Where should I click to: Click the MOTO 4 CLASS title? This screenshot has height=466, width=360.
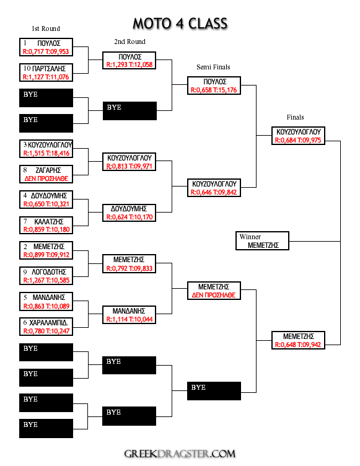(180, 24)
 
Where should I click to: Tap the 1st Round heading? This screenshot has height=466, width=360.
(46, 29)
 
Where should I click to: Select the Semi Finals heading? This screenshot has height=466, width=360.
(213, 67)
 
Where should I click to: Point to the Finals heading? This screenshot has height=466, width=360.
(295, 117)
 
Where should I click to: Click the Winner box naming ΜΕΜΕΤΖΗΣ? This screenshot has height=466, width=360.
(262, 240)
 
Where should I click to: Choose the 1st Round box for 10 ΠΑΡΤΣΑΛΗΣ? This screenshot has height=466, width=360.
(46, 73)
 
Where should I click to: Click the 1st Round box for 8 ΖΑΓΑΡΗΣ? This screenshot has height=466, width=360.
(46, 174)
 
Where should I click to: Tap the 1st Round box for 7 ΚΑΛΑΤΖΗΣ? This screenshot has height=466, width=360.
(46, 226)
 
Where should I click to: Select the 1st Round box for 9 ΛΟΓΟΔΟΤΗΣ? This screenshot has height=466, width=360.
(46, 276)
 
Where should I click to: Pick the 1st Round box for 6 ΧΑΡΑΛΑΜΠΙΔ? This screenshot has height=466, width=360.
(46, 327)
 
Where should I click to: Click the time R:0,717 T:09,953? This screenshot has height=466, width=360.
(46, 51)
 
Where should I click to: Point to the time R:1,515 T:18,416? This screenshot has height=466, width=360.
(46, 153)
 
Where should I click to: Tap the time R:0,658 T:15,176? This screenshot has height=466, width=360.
(214, 90)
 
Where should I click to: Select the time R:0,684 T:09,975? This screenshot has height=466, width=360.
(298, 140)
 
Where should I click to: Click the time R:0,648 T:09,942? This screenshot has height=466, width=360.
(298, 345)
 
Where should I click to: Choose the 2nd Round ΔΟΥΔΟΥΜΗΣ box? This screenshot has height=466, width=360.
(129, 213)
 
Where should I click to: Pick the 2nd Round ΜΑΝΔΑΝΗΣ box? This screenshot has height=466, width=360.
(129, 315)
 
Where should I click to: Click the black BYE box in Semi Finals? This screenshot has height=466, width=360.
(214, 391)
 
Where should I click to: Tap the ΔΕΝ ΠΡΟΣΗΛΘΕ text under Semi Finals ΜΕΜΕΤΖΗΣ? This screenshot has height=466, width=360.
(214, 295)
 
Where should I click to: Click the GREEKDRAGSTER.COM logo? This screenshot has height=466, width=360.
(180, 454)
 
